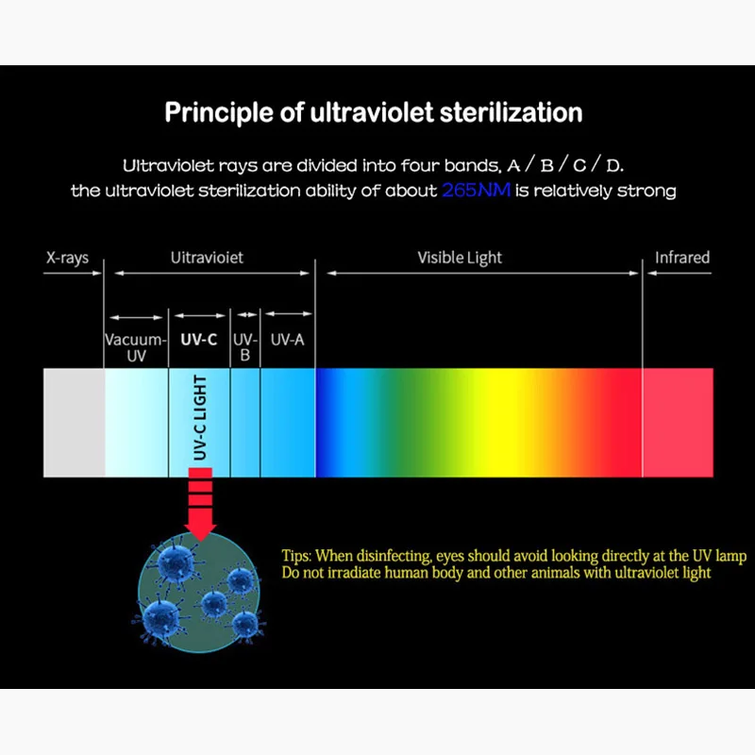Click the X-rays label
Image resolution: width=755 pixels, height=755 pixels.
[x=69, y=257]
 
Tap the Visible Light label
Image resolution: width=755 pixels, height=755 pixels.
[x=460, y=257]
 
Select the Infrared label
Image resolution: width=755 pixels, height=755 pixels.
[x=682, y=257]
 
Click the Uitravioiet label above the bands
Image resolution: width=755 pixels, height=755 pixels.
[x=207, y=257]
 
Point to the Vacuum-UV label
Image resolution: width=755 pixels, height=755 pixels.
[x=135, y=347]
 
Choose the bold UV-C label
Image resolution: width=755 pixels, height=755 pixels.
[x=198, y=339]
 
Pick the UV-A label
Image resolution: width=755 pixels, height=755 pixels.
[x=287, y=339]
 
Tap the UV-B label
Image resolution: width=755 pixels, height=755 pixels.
[x=244, y=347]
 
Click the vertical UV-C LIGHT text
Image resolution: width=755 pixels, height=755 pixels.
[x=200, y=420]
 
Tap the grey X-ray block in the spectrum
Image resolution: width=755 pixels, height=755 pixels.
[x=74, y=423]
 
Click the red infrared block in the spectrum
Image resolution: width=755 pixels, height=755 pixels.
[x=678, y=423]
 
